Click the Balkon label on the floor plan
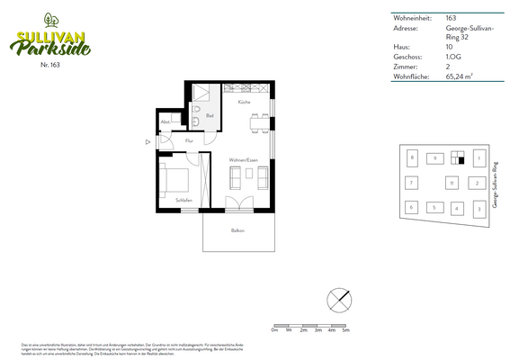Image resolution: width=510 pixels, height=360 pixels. [x=237, y=231]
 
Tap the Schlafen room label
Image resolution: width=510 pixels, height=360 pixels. [x=183, y=200]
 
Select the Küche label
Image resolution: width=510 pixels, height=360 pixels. [x=244, y=103]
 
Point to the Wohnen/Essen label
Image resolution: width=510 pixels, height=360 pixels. [x=243, y=160]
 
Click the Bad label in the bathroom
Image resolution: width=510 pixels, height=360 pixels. [x=209, y=116]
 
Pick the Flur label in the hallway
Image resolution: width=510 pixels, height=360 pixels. [x=189, y=141]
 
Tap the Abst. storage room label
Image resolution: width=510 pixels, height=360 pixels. [x=166, y=122]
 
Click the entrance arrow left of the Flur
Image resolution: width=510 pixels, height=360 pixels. [x=148, y=141]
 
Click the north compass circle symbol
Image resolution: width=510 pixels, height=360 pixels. [x=339, y=298]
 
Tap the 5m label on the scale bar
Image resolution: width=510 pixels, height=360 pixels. [x=345, y=331]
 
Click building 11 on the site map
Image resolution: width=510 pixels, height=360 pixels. [x=451, y=184]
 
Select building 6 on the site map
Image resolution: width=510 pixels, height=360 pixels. [x=411, y=208]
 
